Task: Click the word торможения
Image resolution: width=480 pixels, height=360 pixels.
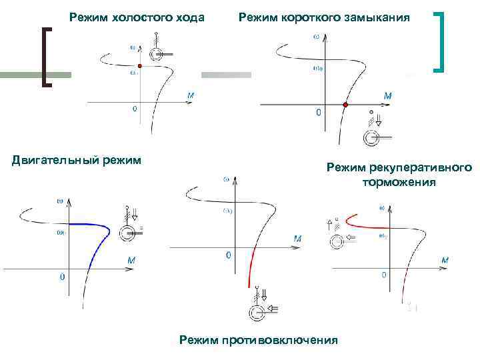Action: click(x=399, y=182)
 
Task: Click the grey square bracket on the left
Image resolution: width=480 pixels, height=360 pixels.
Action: click(x=47, y=56)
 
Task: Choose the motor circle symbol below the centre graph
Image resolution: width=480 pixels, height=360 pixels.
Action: click(x=254, y=311)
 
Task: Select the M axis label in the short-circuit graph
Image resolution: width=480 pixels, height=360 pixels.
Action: click(x=388, y=96)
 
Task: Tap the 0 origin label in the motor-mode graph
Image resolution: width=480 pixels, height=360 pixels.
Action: click(x=62, y=275)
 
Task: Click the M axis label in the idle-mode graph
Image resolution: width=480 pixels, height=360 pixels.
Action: click(x=191, y=96)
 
